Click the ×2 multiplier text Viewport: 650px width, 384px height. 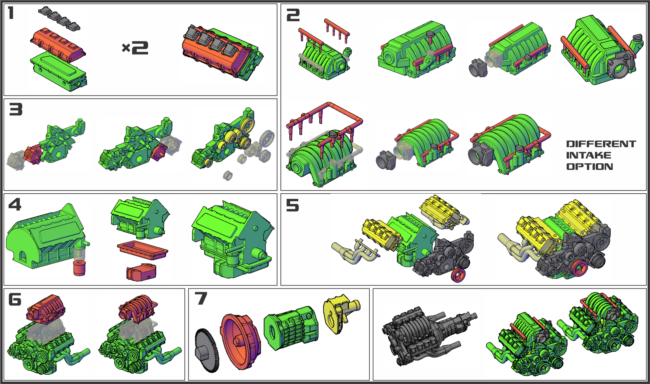coord(135,48)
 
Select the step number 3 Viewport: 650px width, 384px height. coord(16,109)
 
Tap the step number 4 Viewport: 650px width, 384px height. coord(15,204)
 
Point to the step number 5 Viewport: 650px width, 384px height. coord(293,205)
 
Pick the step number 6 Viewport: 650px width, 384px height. coord(15,299)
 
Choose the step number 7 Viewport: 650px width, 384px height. coord(201,299)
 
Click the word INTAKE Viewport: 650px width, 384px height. coord(589,155)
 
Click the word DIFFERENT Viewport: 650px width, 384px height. coord(601,144)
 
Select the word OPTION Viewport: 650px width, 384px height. coord(590,167)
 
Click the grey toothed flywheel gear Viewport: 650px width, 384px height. coord(207,350)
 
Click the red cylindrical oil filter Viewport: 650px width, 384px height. coord(79,268)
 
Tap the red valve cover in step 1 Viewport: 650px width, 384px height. coord(58,45)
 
